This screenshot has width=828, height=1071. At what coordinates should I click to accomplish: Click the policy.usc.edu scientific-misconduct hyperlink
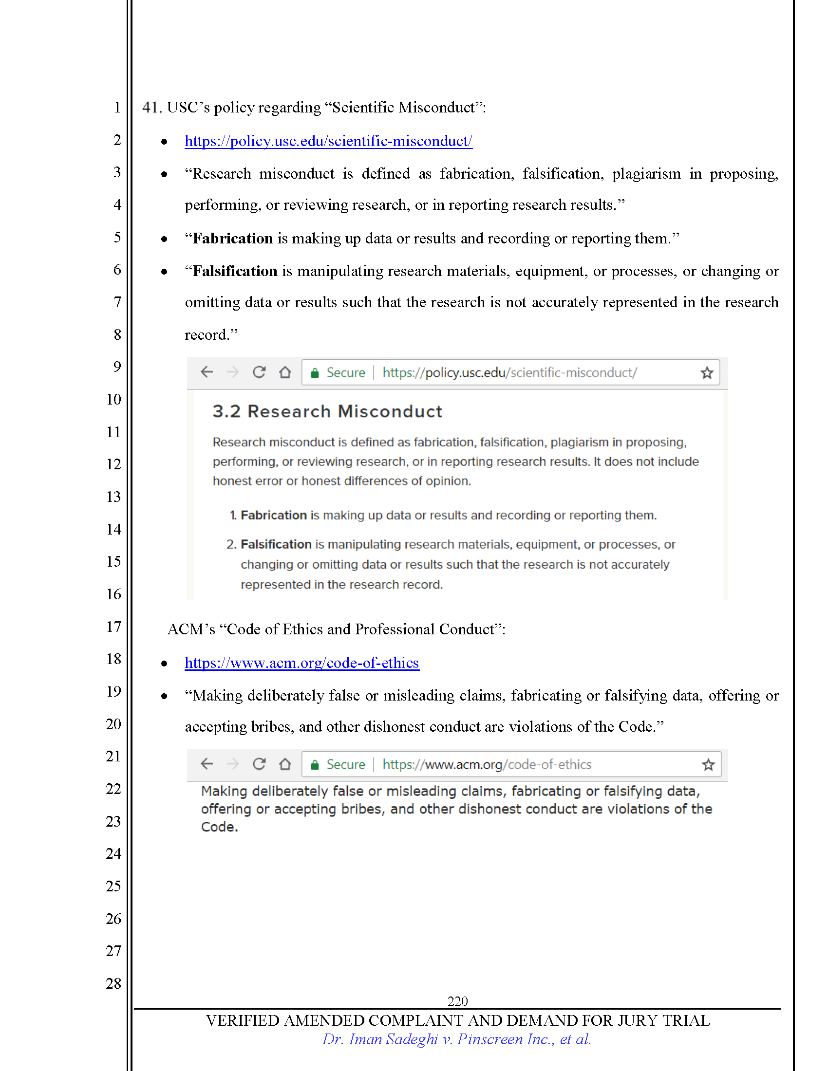(x=328, y=141)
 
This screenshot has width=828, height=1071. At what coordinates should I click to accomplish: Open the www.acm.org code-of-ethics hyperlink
(x=301, y=663)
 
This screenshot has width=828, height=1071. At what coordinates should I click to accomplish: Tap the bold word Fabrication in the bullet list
(x=232, y=239)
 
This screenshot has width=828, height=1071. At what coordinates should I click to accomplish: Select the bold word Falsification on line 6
(x=235, y=271)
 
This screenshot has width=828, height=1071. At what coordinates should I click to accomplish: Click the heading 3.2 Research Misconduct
(x=327, y=411)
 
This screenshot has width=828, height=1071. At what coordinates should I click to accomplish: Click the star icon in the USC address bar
(x=706, y=373)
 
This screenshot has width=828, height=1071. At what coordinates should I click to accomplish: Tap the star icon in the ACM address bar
(x=708, y=764)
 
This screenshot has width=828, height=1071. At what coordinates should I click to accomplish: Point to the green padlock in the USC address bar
(x=315, y=373)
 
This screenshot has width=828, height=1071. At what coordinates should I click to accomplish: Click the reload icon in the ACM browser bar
(x=259, y=764)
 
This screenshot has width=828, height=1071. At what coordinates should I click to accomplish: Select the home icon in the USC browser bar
(x=285, y=373)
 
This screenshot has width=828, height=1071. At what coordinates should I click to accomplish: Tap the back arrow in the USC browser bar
(x=207, y=372)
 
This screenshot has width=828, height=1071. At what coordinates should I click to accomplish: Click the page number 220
(x=457, y=1001)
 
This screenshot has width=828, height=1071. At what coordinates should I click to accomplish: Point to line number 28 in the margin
(x=113, y=983)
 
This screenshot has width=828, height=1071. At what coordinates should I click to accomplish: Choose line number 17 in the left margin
(x=113, y=627)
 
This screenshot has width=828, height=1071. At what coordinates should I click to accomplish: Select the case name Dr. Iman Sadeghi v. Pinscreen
(x=456, y=1039)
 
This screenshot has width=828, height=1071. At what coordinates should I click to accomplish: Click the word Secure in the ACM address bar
(x=346, y=764)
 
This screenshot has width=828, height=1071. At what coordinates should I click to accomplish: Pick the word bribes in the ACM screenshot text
(x=362, y=809)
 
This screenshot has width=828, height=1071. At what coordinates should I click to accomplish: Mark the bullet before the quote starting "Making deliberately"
(x=164, y=696)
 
